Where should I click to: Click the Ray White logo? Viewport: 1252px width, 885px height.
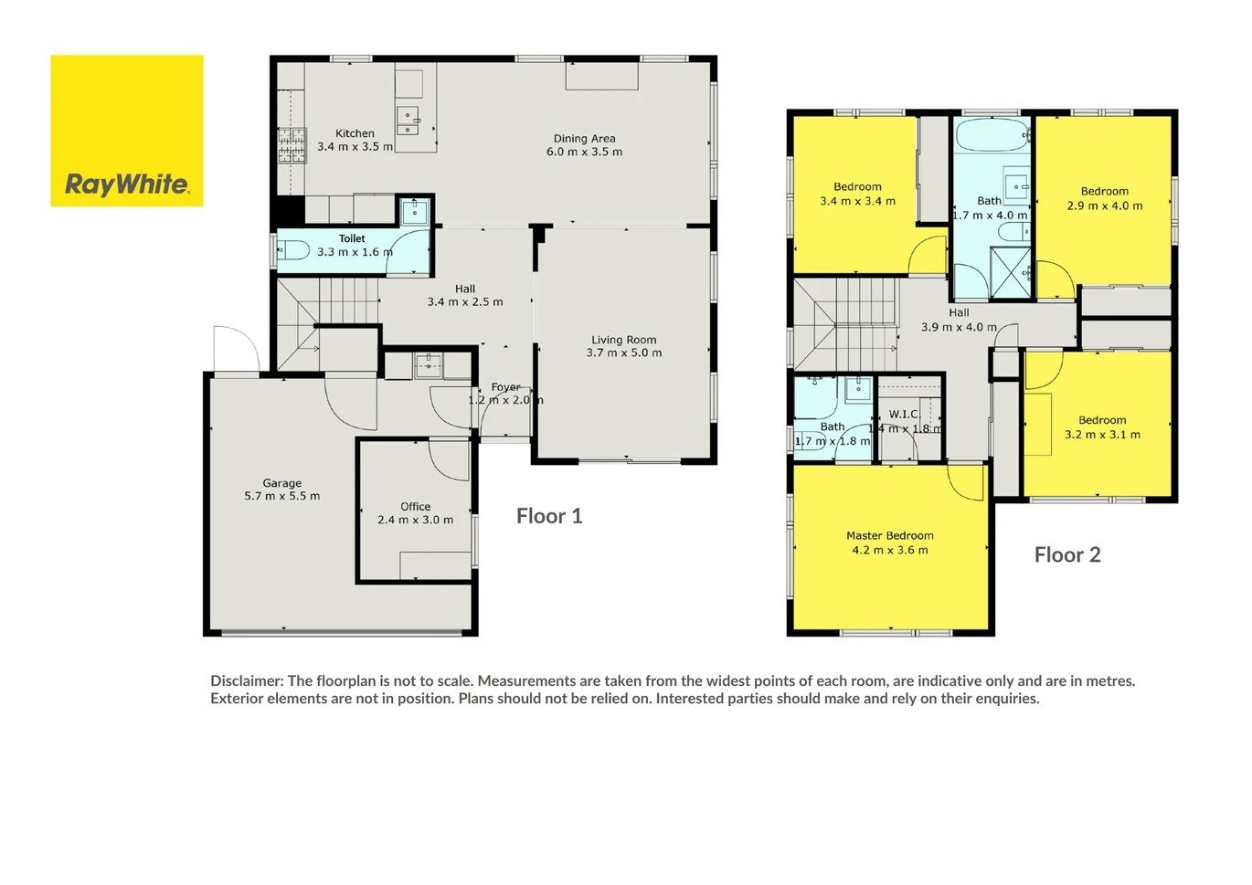click(x=127, y=131)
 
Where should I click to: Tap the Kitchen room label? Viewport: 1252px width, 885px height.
click(x=355, y=133)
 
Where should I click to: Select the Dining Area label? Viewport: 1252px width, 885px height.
click(x=584, y=139)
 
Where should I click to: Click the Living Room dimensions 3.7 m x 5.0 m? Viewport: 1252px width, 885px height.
click(x=624, y=353)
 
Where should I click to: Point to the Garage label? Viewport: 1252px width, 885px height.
click(x=281, y=483)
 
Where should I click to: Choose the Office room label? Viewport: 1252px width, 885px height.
click(x=415, y=506)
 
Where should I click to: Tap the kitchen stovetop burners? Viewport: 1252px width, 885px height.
click(x=292, y=145)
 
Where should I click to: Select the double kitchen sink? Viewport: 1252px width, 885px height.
click(x=408, y=121)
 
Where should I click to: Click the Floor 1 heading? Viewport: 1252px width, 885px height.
click(x=549, y=516)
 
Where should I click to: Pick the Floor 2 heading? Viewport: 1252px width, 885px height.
click(x=1067, y=554)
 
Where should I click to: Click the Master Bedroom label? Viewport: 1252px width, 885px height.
click(x=890, y=535)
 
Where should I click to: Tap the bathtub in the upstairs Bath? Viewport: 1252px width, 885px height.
click(x=992, y=134)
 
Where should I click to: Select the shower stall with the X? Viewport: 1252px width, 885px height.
click(x=1010, y=272)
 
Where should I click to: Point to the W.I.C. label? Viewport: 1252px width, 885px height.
click(x=904, y=414)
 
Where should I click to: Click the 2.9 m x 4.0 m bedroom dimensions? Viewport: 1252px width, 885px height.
click(x=1105, y=205)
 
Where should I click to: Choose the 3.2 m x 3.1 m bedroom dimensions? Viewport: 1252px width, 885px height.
click(x=1101, y=434)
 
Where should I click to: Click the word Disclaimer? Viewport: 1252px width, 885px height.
click(x=247, y=681)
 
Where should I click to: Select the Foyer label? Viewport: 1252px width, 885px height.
click(x=506, y=386)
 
